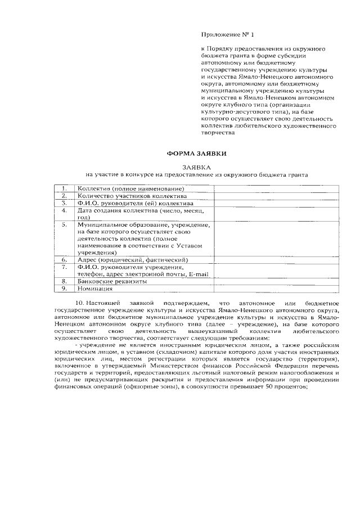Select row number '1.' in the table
point(65,188)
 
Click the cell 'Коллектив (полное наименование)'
point(130,188)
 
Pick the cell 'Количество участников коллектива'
point(131,195)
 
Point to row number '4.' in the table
point(65,210)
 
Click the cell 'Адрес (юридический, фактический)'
point(133,260)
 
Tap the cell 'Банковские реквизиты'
point(112,281)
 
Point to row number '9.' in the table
point(65,289)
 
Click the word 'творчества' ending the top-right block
point(216,134)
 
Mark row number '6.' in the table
point(65,260)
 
